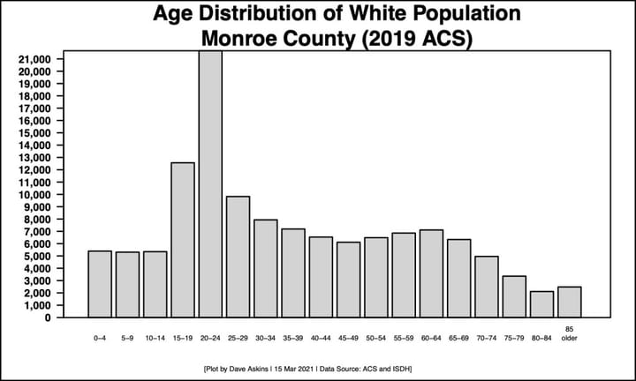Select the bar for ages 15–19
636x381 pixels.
coord(183,239)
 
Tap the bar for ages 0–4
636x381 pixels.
coord(100,283)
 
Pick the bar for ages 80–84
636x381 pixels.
coord(541,303)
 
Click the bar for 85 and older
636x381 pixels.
coord(569,301)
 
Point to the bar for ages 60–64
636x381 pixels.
coord(431,273)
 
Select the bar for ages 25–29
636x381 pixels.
coord(238,256)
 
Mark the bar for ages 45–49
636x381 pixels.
coord(348,279)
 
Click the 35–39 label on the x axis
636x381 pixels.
coord(293,337)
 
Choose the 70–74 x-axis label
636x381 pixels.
coord(487,337)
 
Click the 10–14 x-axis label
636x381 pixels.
coord(155,337)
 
